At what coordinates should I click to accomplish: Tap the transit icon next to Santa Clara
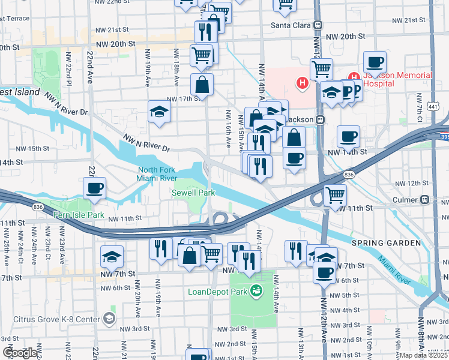pos(318,25)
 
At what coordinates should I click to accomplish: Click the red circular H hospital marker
pos(303,82)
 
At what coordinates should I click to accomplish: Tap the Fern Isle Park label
pos(79,215)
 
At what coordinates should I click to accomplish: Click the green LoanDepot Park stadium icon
pos(257,292)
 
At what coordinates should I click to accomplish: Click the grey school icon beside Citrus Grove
pos(109,317)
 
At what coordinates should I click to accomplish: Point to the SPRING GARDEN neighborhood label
pos(386,243)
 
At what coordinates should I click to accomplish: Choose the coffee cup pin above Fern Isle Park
pos(94,188)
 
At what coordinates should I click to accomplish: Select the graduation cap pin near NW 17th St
pos(159,112)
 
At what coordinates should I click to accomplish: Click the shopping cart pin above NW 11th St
pos(334,194)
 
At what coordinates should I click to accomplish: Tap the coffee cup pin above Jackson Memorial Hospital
pos(375,62)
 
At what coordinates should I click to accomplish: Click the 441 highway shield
pos(442,106)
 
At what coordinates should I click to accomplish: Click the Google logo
pos(20,353)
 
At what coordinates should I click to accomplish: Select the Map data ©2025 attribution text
pos(423,355)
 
